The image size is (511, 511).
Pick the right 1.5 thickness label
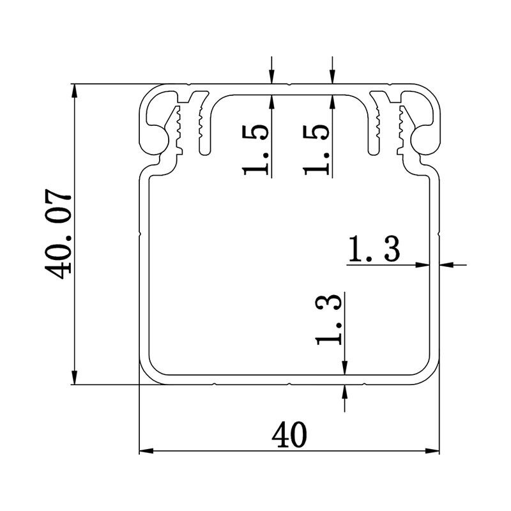(317, 149)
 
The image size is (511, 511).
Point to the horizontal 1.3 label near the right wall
(374, 250)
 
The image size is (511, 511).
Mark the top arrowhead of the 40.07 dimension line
(75, 89)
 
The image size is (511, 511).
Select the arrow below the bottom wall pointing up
(345, 392)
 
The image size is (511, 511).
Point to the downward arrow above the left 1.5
(272, 77)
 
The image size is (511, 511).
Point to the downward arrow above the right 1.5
(332, 77)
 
